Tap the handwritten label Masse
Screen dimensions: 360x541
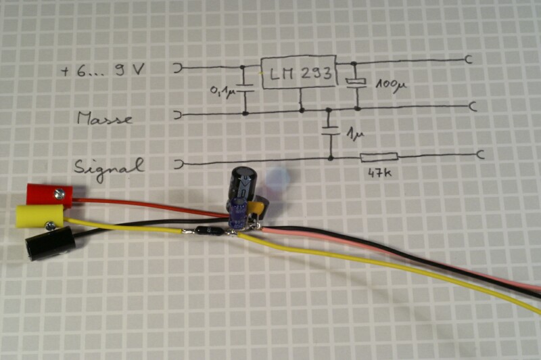105,118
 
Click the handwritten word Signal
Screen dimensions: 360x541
108,164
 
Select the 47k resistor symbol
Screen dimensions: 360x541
379,158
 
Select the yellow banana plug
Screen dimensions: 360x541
39,217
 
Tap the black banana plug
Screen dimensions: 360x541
49,242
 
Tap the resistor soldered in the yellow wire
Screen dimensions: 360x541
205,231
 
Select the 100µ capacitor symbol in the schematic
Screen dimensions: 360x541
356,83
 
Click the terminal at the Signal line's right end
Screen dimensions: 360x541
481,155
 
